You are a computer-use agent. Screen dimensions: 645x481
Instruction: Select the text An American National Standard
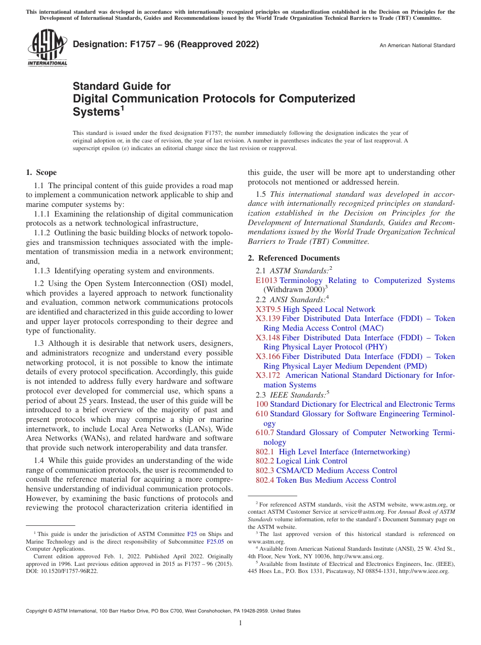417,46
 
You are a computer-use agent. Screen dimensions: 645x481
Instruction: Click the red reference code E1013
267,280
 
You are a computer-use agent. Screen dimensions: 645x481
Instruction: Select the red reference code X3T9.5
268,309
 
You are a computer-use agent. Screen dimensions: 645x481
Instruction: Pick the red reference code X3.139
268,318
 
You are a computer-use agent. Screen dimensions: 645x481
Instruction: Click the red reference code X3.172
268,375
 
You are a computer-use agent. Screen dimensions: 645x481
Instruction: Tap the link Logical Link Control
312,461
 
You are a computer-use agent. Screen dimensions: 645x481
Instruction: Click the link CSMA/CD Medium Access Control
337,471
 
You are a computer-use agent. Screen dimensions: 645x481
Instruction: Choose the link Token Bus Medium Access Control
336,480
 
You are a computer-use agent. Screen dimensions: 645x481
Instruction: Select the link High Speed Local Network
329,309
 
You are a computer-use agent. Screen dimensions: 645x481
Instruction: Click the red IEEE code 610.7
265,433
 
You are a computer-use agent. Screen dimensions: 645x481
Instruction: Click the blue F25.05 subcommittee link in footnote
216,542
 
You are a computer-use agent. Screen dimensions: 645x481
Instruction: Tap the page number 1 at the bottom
240,624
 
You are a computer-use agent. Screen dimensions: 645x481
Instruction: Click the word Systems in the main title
95,111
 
